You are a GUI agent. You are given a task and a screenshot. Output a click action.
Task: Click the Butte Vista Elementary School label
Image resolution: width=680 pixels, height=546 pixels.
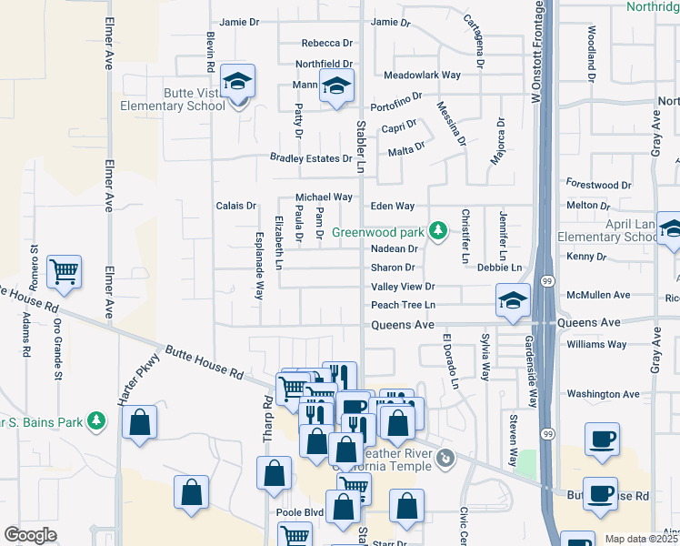[173, 99]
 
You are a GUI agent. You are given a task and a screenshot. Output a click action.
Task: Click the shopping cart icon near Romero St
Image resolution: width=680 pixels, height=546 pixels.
[65, 271]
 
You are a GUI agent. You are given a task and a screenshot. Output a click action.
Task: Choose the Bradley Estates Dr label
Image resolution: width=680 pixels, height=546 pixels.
[311, 158]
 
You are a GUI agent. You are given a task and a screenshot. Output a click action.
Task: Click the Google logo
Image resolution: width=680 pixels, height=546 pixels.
[30, 534]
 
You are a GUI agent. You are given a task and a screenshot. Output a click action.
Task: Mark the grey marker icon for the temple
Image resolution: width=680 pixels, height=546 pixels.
[445, 458]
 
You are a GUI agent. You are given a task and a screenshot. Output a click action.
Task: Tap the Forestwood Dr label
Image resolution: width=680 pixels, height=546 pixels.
[598, 184]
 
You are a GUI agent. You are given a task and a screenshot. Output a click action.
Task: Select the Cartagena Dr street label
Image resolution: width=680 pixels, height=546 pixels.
[474, 32]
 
